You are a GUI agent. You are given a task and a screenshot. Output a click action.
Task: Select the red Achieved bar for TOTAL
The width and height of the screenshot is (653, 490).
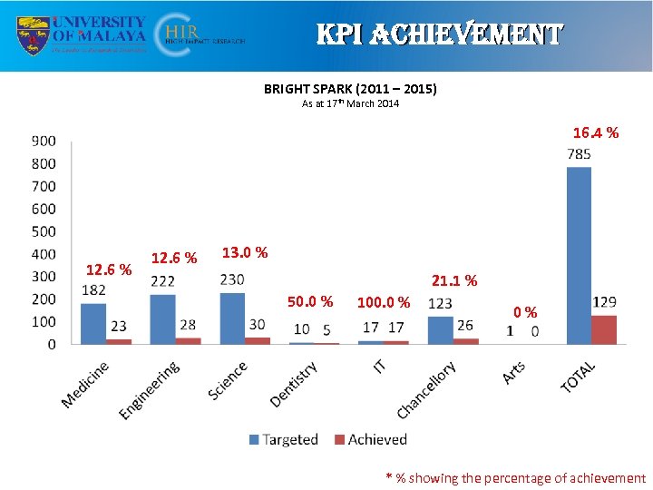604,329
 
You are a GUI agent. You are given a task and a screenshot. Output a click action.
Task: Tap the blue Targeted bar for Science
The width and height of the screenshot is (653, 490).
232,318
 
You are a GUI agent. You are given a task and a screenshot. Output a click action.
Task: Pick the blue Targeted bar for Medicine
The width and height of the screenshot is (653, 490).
93,324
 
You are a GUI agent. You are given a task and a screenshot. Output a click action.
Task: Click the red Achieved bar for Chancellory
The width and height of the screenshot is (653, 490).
465,341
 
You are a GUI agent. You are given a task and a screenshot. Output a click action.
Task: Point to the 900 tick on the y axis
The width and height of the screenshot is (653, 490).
44,142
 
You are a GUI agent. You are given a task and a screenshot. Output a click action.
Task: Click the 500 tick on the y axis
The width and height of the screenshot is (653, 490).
44,231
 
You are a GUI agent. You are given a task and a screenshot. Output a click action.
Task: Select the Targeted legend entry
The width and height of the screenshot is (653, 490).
283,439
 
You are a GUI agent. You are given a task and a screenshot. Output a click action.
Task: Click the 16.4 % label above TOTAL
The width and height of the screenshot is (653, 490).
595,133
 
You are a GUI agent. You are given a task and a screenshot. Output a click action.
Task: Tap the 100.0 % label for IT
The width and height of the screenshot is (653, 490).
383,302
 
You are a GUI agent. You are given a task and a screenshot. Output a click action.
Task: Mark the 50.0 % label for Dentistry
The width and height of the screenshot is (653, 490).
310,301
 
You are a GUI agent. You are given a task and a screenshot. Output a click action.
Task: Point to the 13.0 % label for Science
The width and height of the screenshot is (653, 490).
244,251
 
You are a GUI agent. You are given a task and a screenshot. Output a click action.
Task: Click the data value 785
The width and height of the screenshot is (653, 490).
579,154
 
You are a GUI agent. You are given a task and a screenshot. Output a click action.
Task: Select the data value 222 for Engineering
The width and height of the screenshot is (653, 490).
162,281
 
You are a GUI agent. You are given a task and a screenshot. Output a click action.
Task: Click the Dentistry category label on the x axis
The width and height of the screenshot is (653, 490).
295,384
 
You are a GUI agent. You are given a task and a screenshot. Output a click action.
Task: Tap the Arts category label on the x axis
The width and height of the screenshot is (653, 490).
514,372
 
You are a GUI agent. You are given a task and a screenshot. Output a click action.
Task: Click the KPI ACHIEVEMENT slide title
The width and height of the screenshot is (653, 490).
439,34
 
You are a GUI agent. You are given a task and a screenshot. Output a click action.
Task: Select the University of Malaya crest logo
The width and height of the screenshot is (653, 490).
34,34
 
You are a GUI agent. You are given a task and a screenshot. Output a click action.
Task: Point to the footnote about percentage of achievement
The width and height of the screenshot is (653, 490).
515,478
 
